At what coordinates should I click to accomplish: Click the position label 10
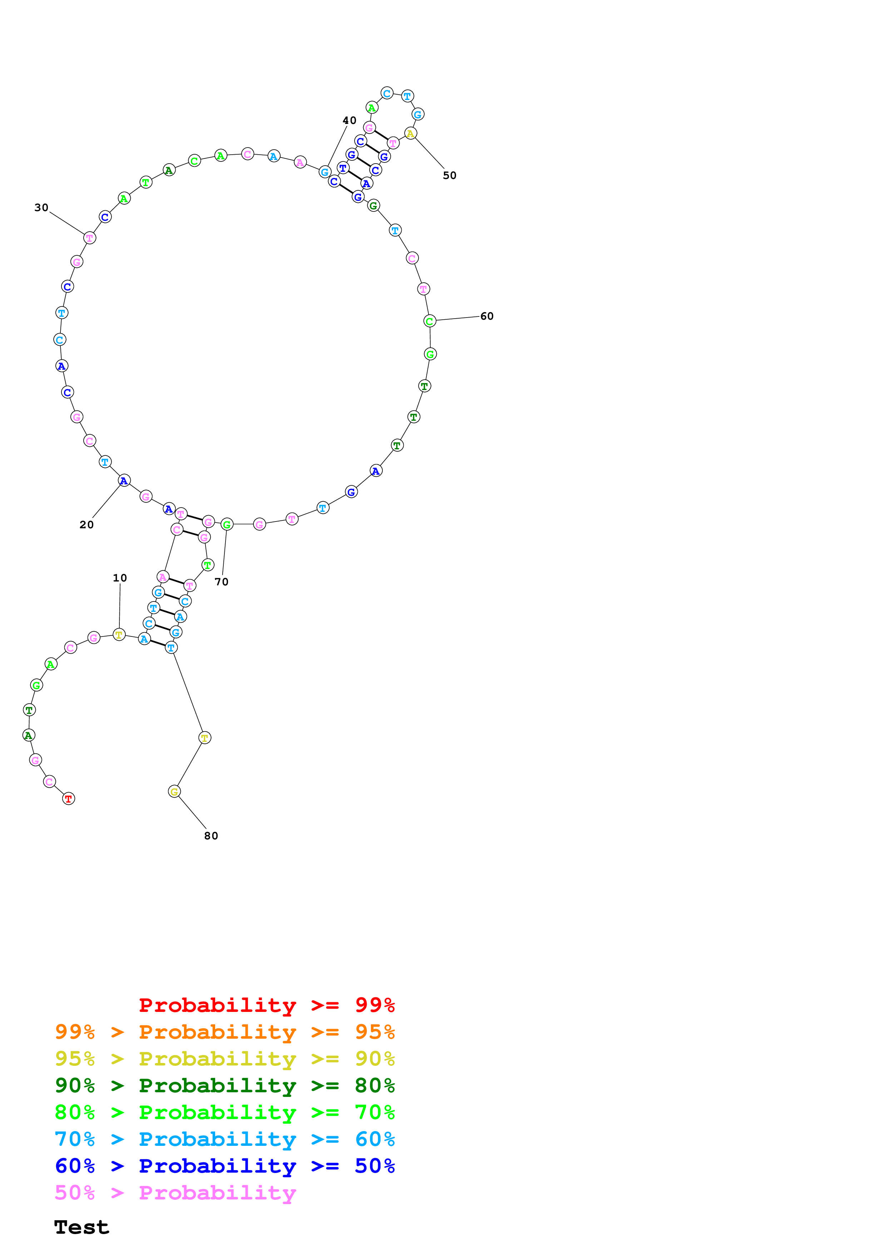(x=120, y=578)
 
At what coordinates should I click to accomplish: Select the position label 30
(x=41, y=208)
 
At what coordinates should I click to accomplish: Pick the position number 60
(x=486, y=316)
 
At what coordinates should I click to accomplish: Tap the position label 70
(x=221, y=582)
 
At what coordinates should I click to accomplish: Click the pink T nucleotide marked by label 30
(x=89, y=238)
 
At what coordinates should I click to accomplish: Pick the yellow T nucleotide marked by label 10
(x=119, y=635)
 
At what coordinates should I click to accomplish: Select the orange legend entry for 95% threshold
(x=224, y=1032)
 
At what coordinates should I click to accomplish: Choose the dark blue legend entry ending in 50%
(x=224, y=1166)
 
